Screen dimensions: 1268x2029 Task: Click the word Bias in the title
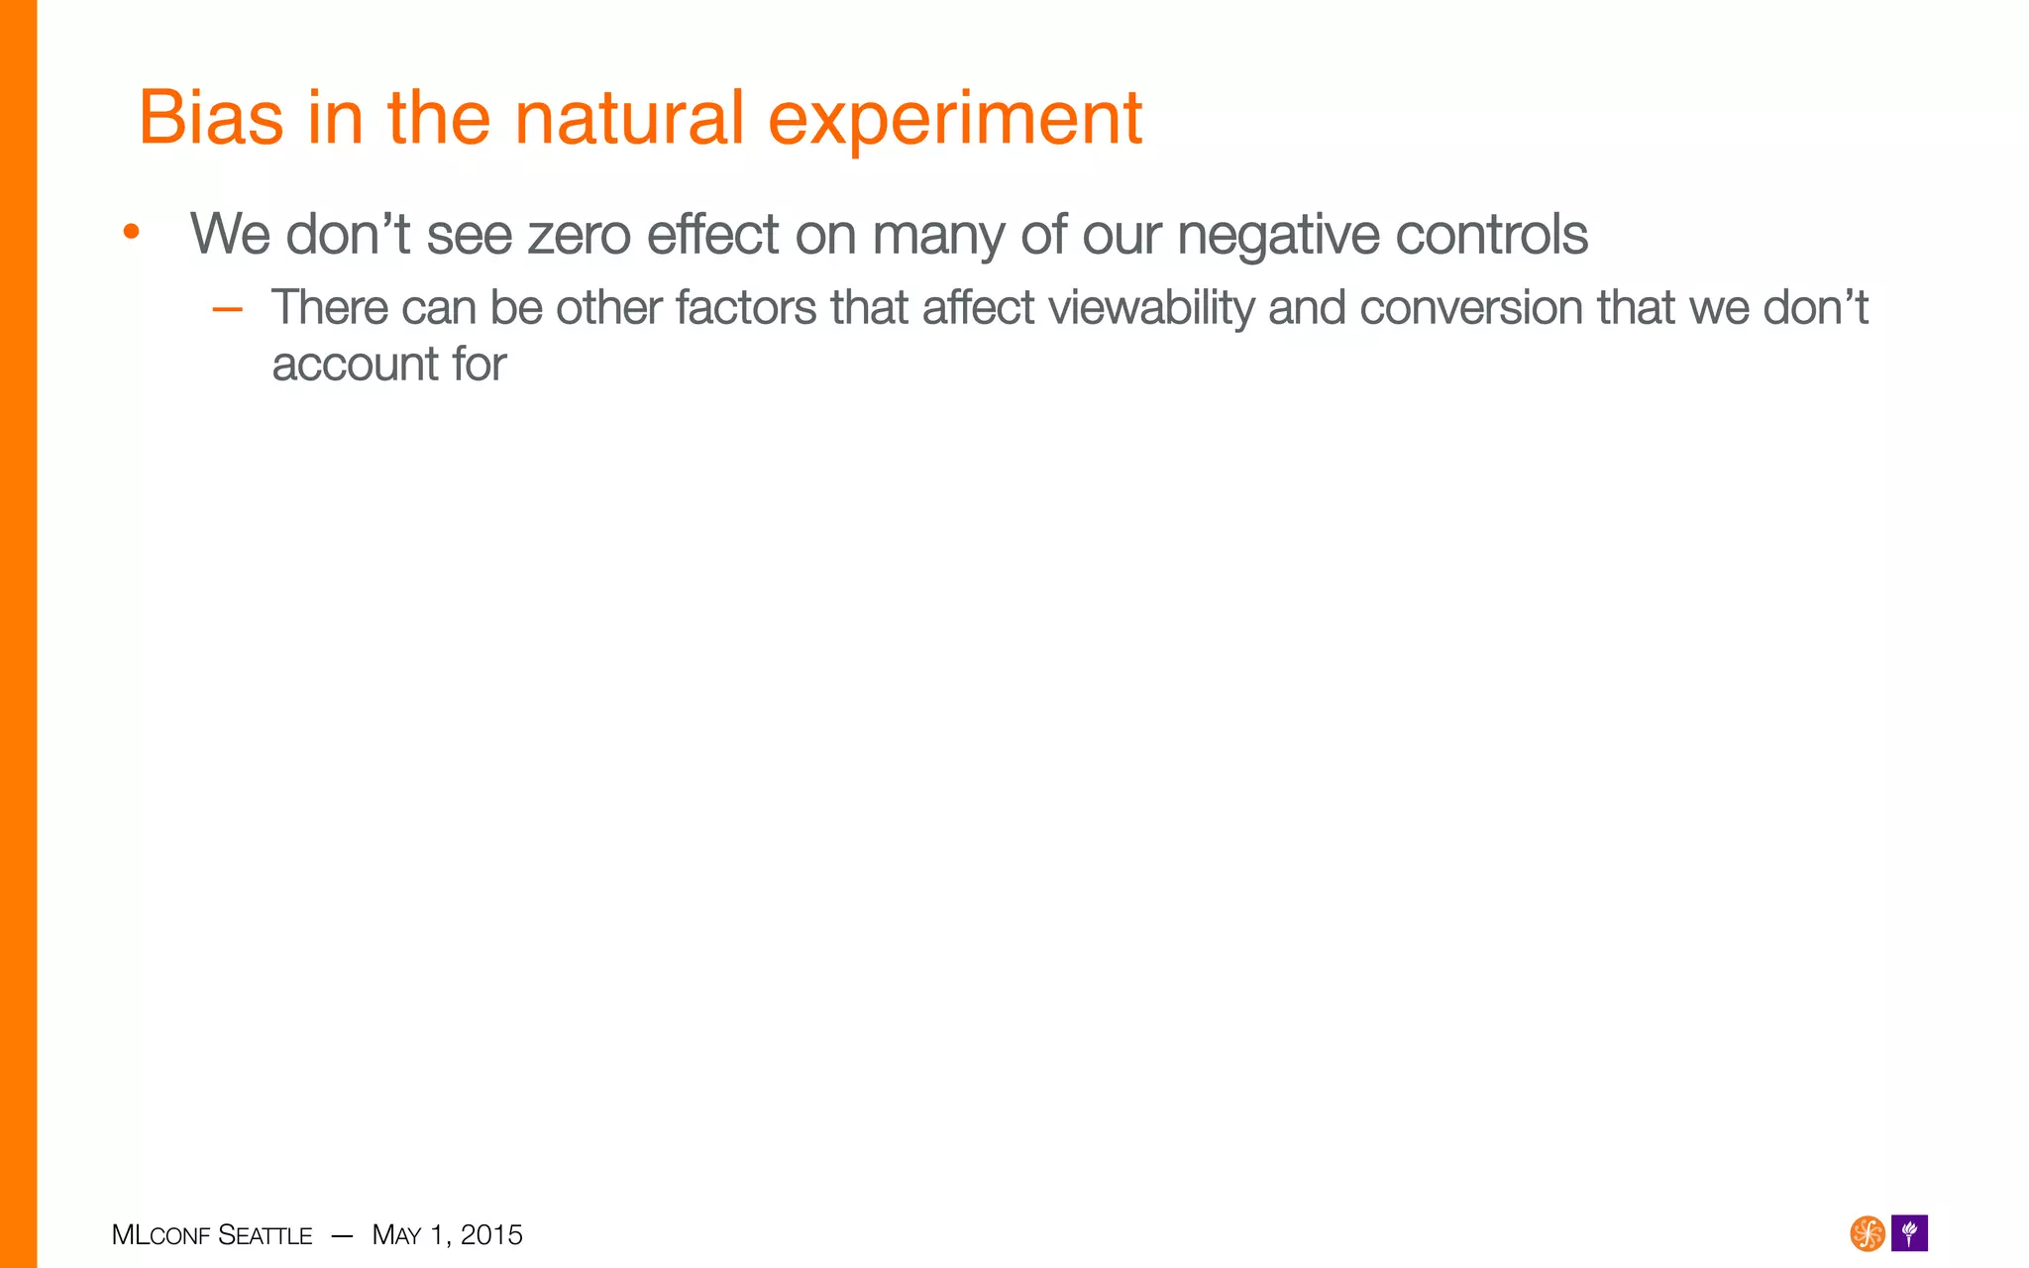pyautogui.click(x=210, y=118)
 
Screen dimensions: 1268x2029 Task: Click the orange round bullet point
pyautogui.click(x=131, y=234)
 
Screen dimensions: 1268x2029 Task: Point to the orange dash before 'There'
pyautogui.click(x=227, y=309)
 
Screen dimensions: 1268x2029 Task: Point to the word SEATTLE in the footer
pyautogui.click(x=265, y=1235)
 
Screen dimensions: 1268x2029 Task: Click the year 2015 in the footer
pyautogui.click(x=491, y=1234)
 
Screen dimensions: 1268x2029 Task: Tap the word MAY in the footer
pyautogui.click(x=396, y=1235)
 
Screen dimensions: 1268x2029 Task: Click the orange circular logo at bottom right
pyautogui.click(x=1867, y=1233)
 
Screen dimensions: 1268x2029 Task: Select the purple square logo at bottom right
pyautogui.click(x=1909, y=1233)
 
